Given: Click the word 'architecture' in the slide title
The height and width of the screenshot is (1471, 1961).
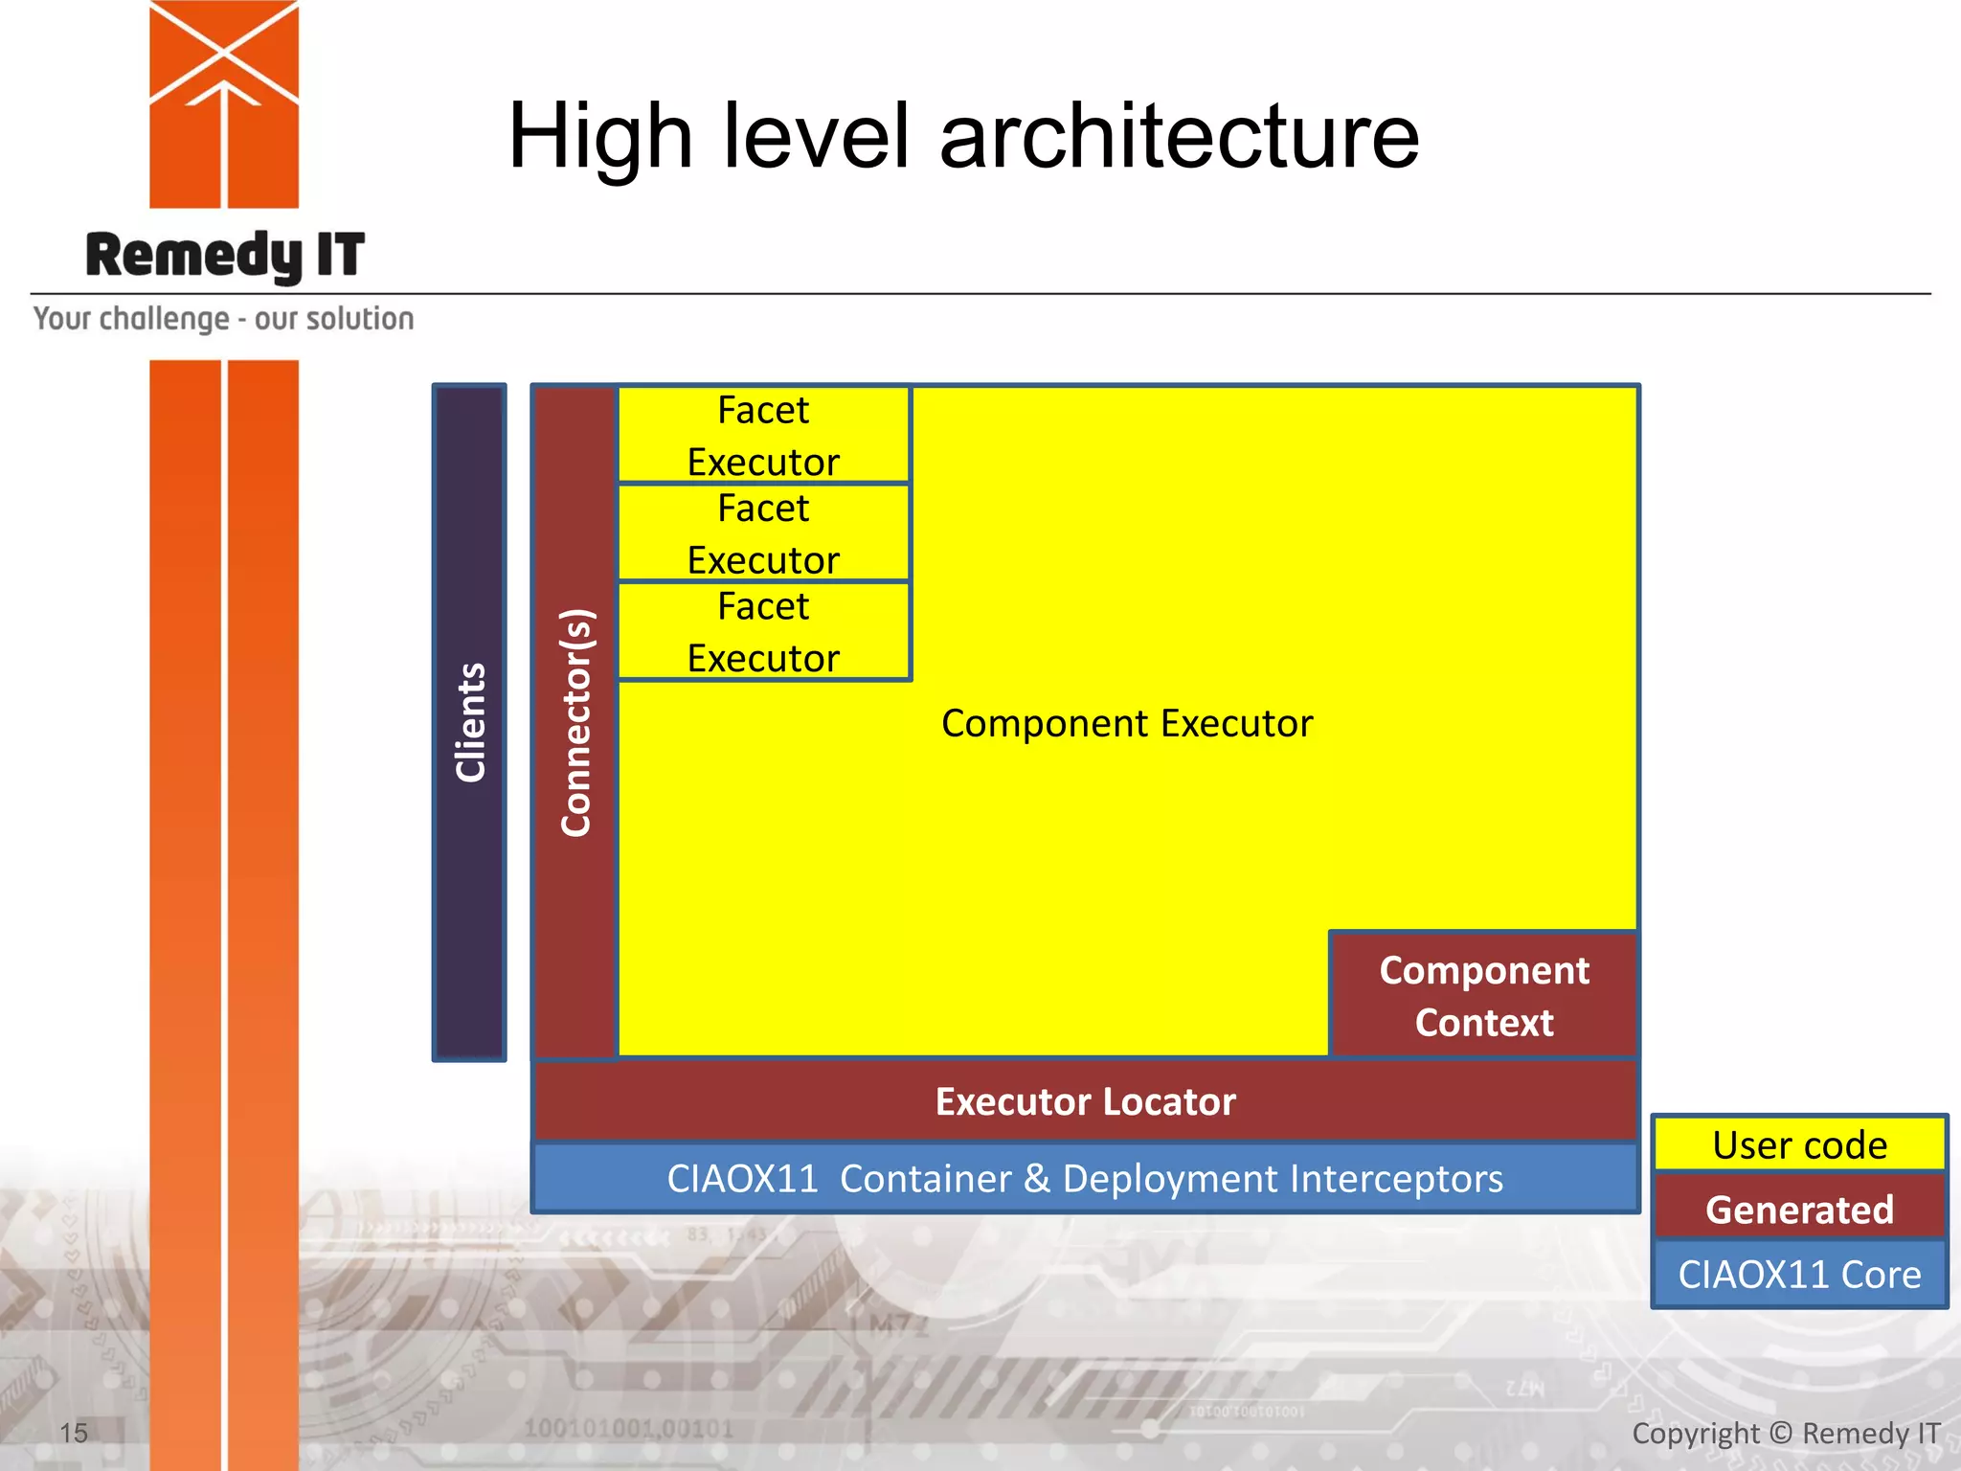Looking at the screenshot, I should point(1180,137).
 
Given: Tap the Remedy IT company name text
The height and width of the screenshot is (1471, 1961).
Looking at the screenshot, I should point(225,256).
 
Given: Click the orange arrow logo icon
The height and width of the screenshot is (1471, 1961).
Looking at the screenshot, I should point(224,103).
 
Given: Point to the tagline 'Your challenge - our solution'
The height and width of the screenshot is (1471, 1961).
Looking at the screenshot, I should point(224,319).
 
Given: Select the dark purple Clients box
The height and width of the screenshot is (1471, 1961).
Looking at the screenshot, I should point(469,723).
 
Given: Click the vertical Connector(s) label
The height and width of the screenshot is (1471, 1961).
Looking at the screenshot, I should point(576,723).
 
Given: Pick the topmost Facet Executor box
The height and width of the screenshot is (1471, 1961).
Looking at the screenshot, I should point(763,436).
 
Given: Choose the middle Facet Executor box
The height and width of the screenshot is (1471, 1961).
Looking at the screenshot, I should point(763,533).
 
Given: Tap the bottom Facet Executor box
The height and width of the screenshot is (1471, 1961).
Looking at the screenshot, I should point(763,632).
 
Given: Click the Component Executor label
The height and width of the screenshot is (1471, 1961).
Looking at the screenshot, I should point(1127,723).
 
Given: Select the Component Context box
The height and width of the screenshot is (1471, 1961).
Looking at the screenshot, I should point(1483,996).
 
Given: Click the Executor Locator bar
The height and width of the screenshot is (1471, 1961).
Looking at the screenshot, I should point(1085,1101).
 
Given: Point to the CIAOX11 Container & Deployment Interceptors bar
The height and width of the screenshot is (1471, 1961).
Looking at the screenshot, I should point(1085,1179).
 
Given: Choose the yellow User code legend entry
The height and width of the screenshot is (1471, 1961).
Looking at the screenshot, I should point(1799,1145).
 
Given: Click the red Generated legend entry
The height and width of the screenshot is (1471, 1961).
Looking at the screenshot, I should point(1799,1210).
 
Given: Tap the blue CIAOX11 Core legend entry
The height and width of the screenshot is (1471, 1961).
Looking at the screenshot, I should point(1799,1275).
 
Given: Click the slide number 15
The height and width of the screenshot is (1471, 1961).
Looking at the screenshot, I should point(74,1434).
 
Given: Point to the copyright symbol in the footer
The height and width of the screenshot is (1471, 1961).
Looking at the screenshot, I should point(1780,1434).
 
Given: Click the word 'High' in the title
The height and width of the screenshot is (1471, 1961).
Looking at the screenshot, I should point(600,137).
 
